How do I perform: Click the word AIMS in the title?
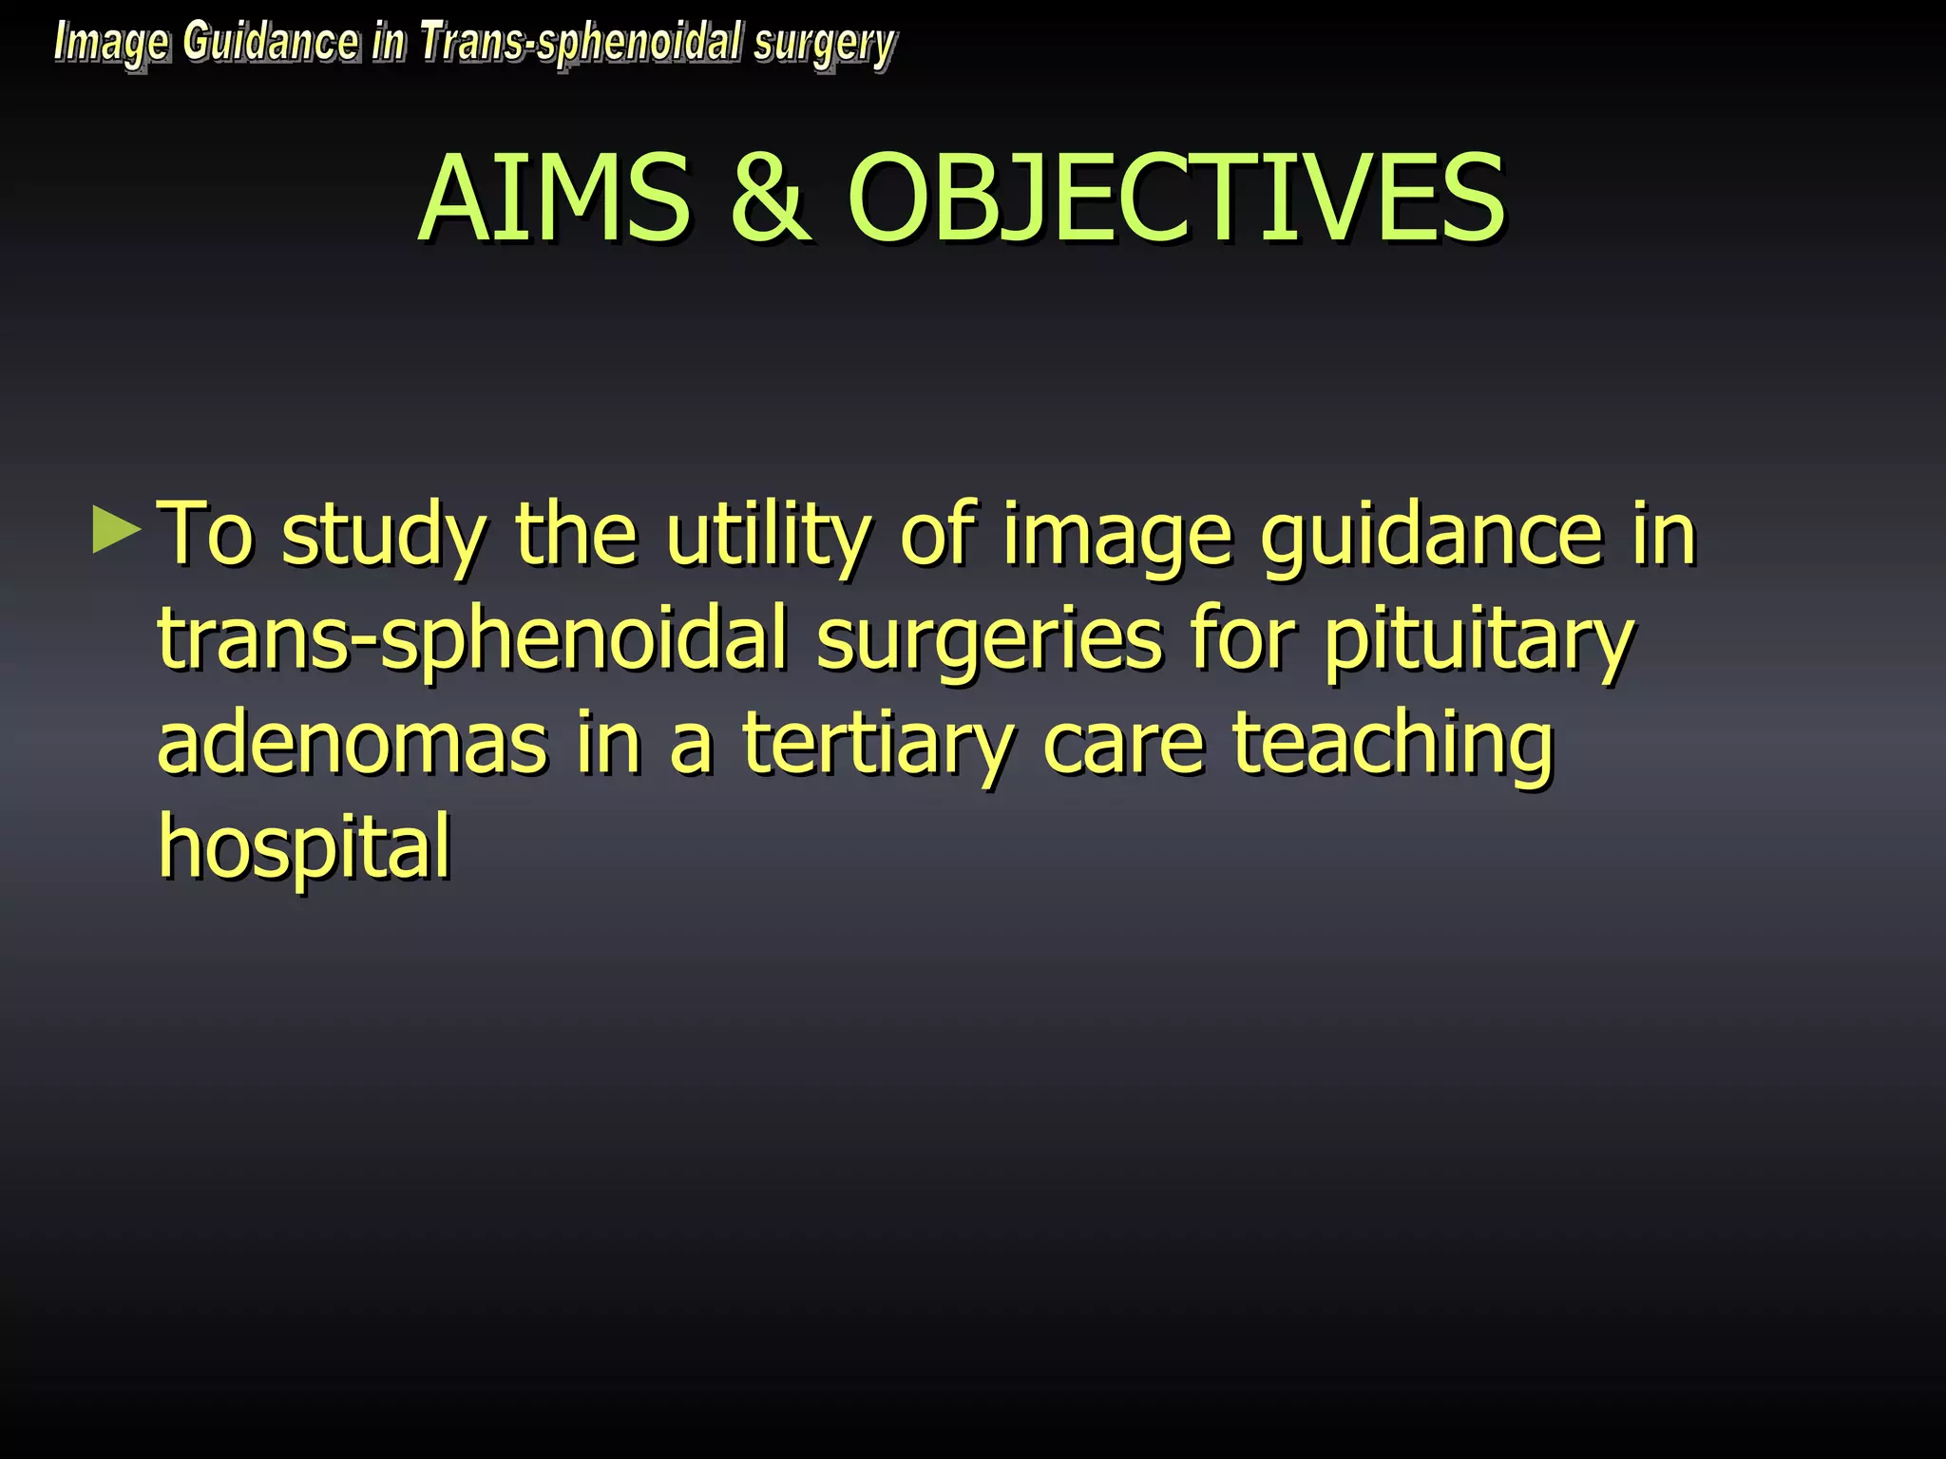tap(554, 199)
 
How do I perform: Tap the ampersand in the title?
tap(770, 199)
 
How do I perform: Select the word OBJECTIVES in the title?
tap(1175, 199)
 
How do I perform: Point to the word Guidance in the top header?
tap(271, 43)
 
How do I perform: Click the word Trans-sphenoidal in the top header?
tap(581, 44)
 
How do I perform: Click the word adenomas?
tap(352, 744)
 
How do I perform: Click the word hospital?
tap(304, 848)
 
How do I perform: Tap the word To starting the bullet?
tap(206, 535)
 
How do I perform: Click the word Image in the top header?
tap(112, 45)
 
